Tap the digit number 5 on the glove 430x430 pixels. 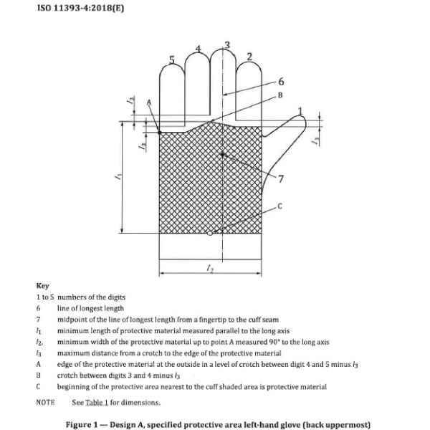(x=172, y=60)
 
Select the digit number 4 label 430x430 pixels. (x=199, y=50)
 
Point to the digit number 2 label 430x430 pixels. (x=249, y=57)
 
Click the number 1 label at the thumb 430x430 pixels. (x=301, y=111)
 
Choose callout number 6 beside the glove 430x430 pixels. (x=280, y=82)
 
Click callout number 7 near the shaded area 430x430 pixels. (x=279, y=177)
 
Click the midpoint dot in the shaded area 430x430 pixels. (x=223, y=154)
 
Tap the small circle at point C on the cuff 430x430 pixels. (x=208, y=233)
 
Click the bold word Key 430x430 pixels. (x=42, y=286)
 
